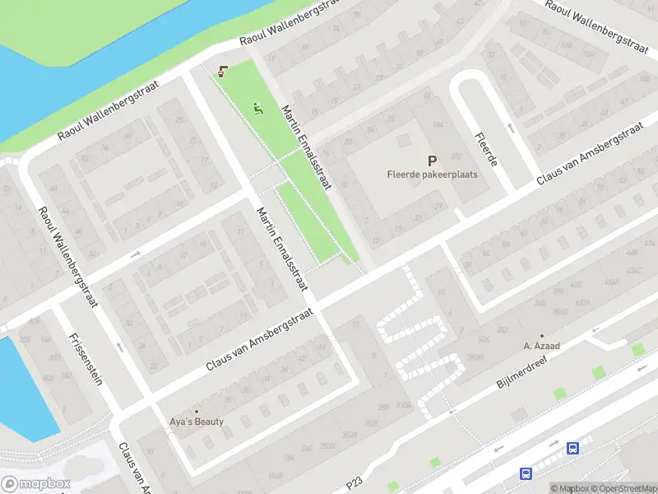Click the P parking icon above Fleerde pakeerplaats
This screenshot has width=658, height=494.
tap(432, 161)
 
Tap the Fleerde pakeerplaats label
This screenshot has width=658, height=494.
tap(432, 175)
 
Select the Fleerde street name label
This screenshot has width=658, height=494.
tap(487, 150)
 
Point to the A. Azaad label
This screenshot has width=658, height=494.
tap(541, 346)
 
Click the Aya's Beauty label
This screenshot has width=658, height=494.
tap(197, 422)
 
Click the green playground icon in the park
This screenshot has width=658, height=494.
tap(258, 107)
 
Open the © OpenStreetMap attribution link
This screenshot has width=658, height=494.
tap(623, 488)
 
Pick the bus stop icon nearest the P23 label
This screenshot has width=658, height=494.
tap(525, 473)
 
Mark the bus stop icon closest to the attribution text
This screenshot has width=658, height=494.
tap(572, 449)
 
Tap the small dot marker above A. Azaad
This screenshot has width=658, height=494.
tap(541, 336)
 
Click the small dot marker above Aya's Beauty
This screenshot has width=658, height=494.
tap(197, 411)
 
